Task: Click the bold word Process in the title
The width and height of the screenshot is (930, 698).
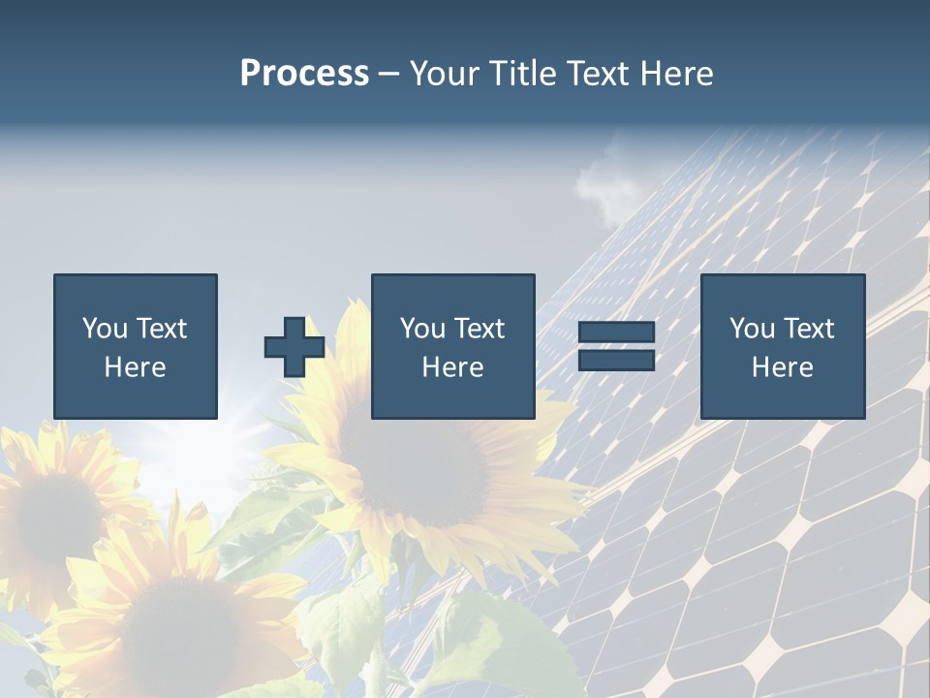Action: (304, 74)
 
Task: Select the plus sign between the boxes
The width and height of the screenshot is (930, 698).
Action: (294, 347)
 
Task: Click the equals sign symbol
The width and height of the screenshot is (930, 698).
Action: (616, 346)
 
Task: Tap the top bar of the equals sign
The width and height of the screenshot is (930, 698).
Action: (616, 333)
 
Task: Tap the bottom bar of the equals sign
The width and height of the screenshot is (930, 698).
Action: (616, 360)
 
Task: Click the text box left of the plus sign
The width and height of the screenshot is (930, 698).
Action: (136, 346)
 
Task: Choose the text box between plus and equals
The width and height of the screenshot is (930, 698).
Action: (452, 346)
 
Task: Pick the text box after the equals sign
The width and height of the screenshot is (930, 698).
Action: (782, 346)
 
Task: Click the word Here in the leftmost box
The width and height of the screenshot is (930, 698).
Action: (135, 367)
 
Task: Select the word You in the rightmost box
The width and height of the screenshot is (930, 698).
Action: (752, 329)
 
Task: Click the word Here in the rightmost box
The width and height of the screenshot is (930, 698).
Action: (782, 367)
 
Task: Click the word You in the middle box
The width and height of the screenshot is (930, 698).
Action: (422, 329)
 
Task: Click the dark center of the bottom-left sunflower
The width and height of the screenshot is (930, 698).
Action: (179, 620)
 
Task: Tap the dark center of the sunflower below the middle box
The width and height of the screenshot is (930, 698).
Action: (426, 465)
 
